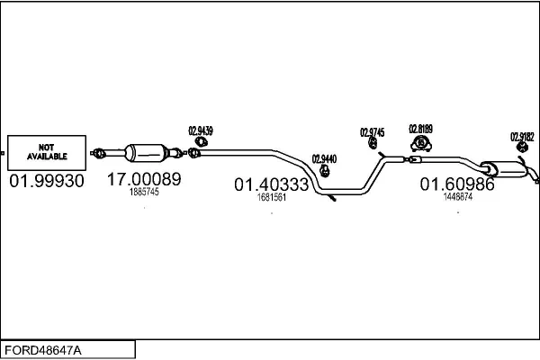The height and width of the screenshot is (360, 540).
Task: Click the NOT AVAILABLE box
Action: (x=47, y=153)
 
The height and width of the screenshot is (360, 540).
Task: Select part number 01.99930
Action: (x=47, y=181)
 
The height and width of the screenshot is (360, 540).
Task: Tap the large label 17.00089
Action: (x=144, y=179)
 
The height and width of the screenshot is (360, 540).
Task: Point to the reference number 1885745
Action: (x=144, y=192)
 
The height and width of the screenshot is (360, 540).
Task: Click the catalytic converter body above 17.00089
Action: (x=147, y=153)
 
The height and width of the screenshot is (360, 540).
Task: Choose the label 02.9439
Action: (x=201, y=130)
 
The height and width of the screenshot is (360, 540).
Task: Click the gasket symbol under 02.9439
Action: (x=201, y=141)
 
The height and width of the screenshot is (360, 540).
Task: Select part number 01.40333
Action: (x=272, y=184)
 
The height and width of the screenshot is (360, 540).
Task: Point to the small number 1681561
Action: (x=272, y=197)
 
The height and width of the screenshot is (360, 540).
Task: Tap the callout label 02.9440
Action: (x=324, y=159)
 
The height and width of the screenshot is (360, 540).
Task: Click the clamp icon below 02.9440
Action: (x=324, y=170)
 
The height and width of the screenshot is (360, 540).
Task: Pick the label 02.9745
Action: (x=373, y=132)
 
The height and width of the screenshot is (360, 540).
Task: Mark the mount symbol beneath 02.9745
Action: (x=373, y=143)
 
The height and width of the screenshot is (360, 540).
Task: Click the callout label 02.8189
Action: (x=420, y=129)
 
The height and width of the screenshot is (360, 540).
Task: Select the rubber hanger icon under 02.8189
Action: (x=421, y=143)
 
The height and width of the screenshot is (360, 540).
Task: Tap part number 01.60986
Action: (x=457, y=184)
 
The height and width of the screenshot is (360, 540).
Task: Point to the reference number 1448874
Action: (x=458, y=197)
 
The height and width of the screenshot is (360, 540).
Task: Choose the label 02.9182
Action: (x=522, y=137)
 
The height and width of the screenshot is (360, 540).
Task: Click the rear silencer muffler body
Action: (x=505, y=169)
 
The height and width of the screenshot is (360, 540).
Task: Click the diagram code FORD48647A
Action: (x=43, y=350)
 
